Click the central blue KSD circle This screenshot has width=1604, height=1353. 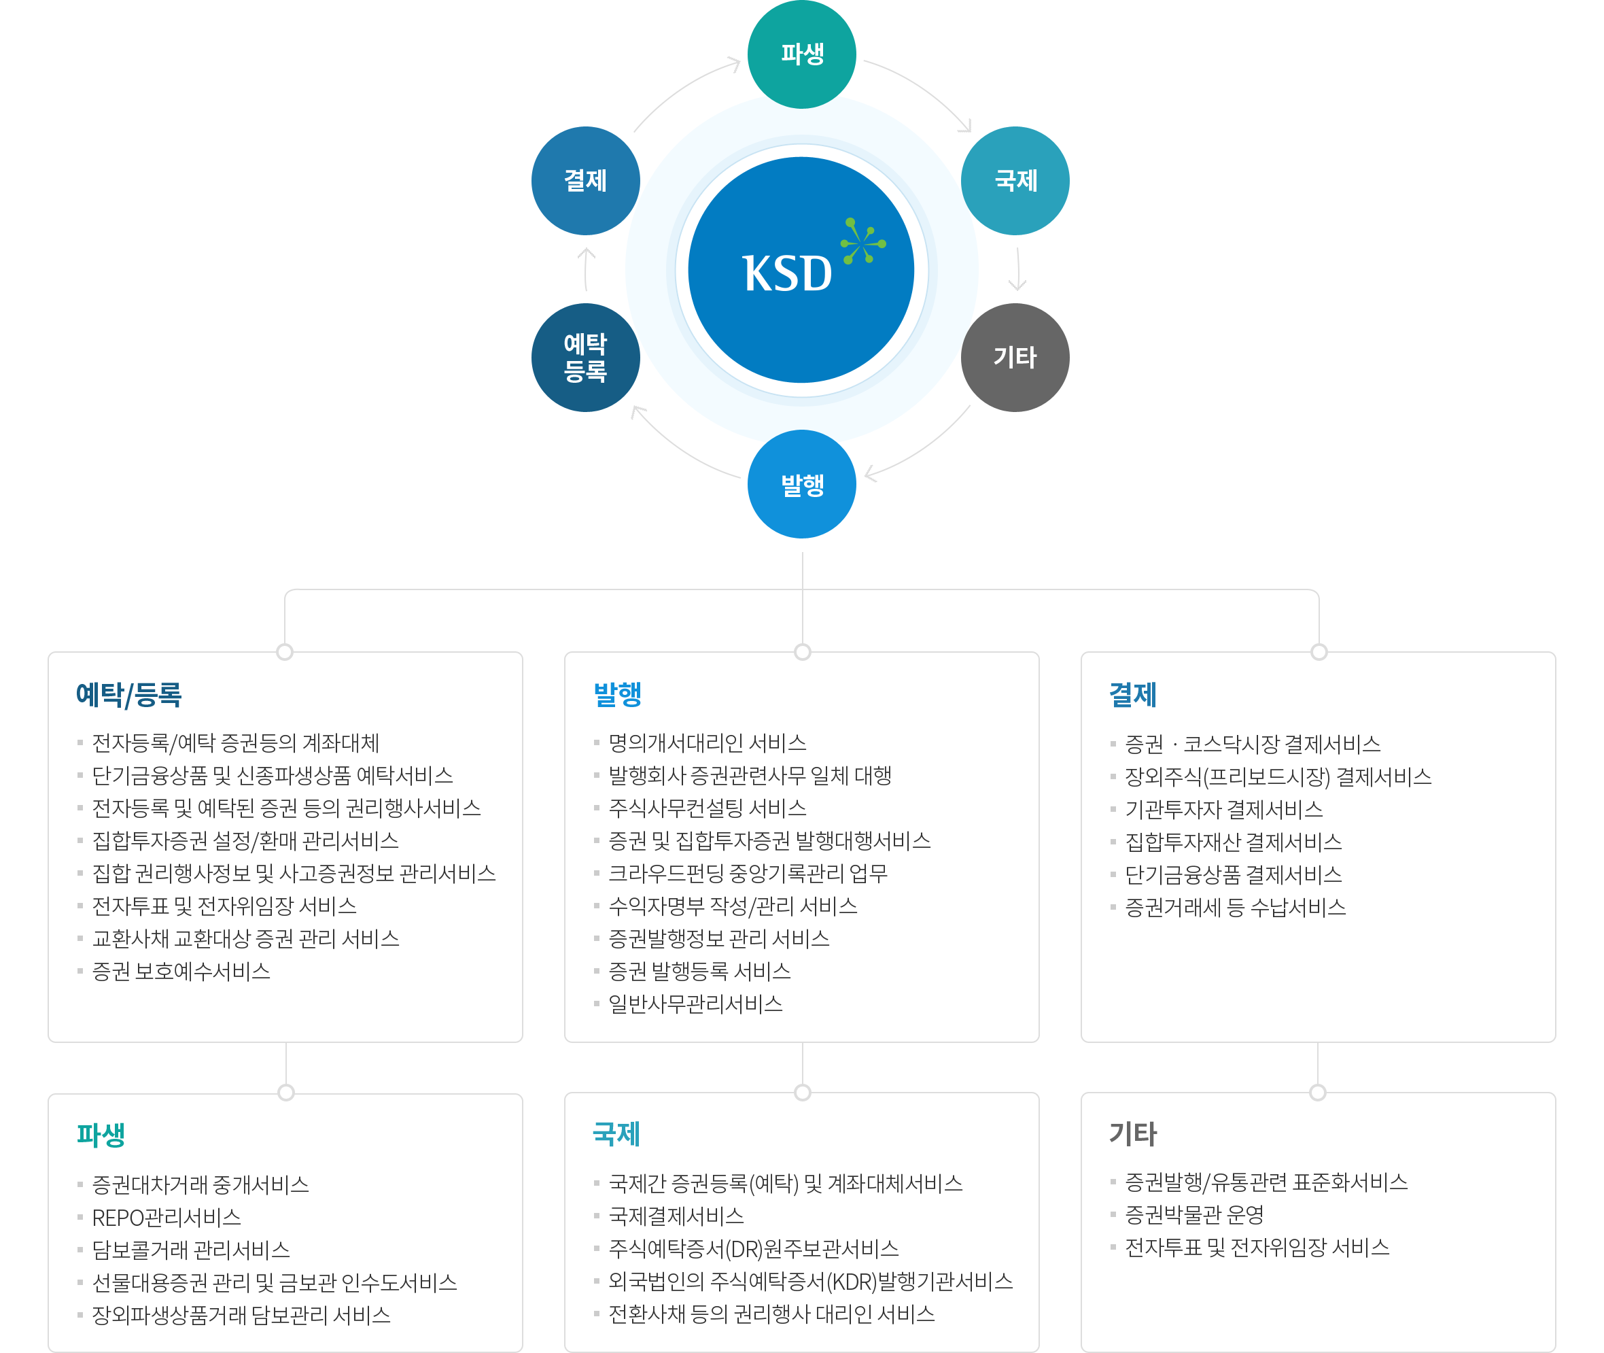801,270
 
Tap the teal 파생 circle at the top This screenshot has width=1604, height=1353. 802,54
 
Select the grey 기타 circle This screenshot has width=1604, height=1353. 1015,358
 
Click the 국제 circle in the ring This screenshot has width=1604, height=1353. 1015,181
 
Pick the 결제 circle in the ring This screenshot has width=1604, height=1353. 586,181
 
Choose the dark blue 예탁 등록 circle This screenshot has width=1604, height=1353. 586,358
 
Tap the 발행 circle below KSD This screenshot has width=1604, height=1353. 802,484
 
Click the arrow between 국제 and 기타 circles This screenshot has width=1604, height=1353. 1018,269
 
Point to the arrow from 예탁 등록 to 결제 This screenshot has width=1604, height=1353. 586,269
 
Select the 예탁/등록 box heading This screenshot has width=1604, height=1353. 129,694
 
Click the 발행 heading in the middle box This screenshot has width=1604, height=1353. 618,694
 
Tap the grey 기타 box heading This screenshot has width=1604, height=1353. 1133,1133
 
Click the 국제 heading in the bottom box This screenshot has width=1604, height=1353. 616,1133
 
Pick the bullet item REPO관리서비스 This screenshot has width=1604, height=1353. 167,1217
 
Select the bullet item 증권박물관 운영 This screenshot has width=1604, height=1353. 1193,1215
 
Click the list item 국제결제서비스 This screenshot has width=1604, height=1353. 676,1216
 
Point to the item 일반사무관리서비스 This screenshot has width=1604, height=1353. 695,1004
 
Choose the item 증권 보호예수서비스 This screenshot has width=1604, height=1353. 181,972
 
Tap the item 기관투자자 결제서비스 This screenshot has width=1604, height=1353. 1223,809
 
